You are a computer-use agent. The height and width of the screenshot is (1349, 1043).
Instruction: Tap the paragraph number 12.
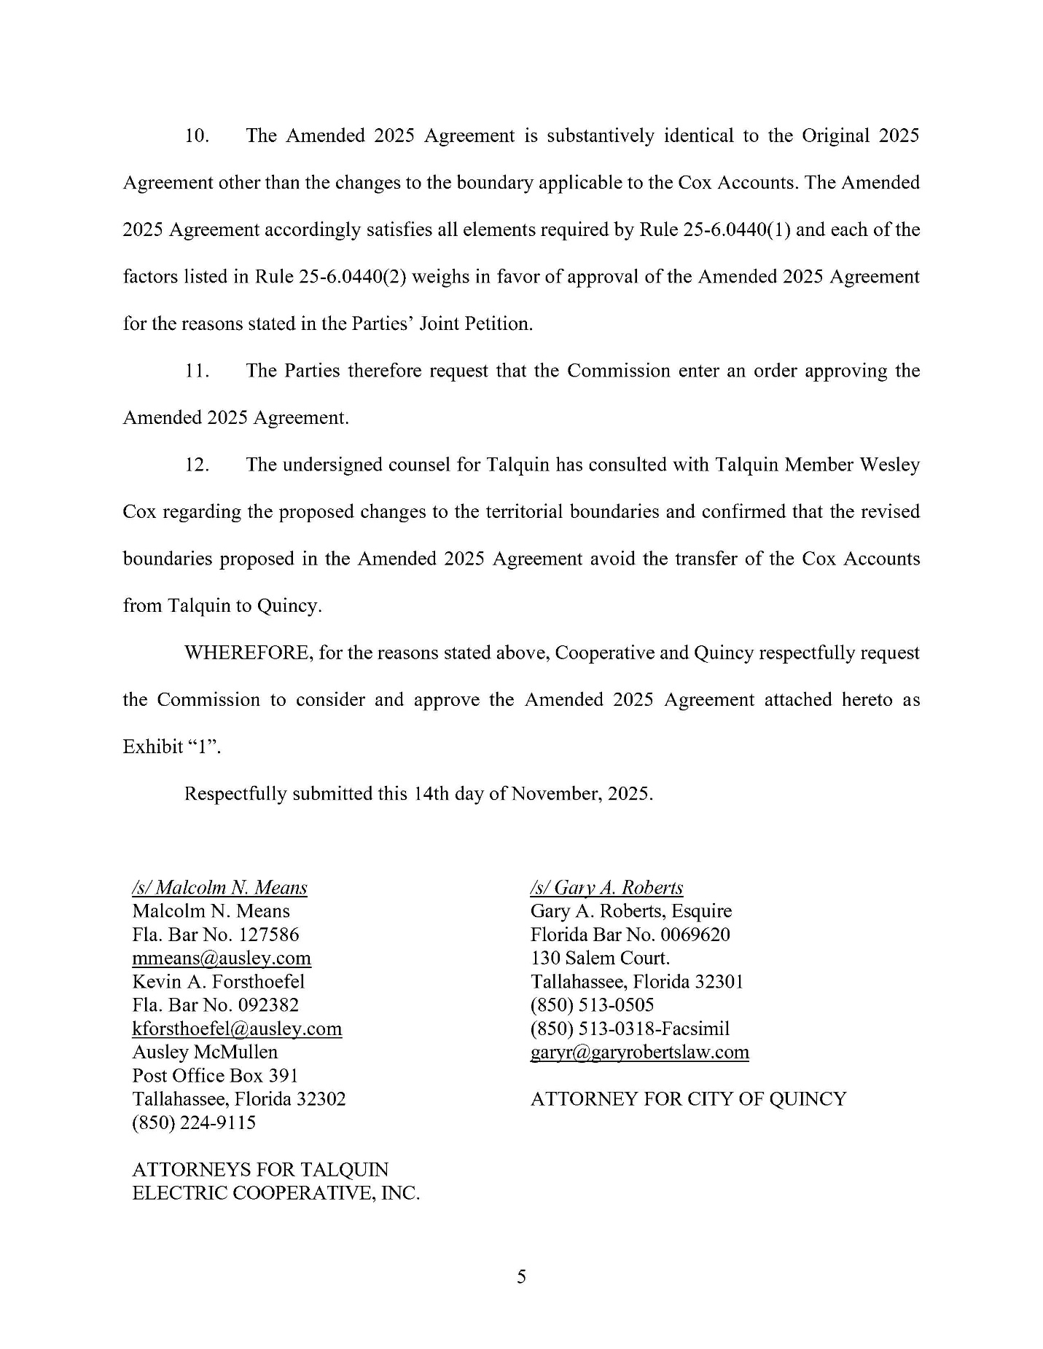pyautogui.click(x=197, y=465)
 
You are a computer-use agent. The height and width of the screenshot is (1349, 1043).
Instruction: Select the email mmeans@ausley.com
pyautogui.click(x=222, y=959)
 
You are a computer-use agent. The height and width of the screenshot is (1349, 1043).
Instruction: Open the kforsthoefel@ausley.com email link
pyautogui.click(x=237, y=1029)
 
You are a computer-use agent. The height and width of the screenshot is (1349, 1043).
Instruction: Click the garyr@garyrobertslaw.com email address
pyautogui.click(x=639, y=1052)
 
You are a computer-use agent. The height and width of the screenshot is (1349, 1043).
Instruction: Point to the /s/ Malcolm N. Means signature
pyautogui.click(x=219, y=888)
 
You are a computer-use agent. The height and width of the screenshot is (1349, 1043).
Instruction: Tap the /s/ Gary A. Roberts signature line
pyautogui.click(x=606, y=888)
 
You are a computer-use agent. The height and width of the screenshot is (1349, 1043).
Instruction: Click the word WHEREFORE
pyautogui.click(x=248, y=653)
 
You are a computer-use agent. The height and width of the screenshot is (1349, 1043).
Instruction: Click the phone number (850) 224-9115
pyautogui.click(x=194, y=1122)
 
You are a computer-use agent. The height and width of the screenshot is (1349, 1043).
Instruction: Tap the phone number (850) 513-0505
pyautogui.click(x=592, y=1005)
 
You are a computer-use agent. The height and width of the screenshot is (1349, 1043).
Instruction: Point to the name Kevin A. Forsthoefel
pyautogui.click(x=218, y=982)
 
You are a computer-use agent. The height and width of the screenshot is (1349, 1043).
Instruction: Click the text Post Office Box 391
pyautogui.click(x=215, y=1076)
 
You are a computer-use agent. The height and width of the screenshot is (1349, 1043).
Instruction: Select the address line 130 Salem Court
pyautogui.click(x=600, y=959)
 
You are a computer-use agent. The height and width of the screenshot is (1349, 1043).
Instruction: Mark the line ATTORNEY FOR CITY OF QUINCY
pyautogui.click(x=688, y=1099)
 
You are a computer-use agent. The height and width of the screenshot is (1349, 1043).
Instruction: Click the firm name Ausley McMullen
pyautogui.click(x=205, y=1053)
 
